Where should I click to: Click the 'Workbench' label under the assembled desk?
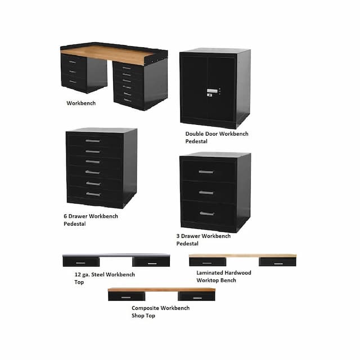click(x=81, y=103)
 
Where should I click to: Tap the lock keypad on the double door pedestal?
click(x=212, y=92)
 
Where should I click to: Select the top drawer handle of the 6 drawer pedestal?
click(x=93, y=141)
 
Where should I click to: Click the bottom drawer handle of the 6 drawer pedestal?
click(x=93, y=194)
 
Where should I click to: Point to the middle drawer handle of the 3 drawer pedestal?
click(x=206, y=192)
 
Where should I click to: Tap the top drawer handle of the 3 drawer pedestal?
click(x=206, y=172)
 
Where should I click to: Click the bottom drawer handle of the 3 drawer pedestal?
click(x=206, y=214)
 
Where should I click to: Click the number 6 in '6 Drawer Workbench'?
click(x=65, y=216)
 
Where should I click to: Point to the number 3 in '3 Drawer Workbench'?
click(x=178, y=236)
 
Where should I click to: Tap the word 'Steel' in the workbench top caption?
click(x=97, y=274)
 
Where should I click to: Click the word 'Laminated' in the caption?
click(x=209, y=273)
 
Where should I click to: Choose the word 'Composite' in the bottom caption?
click(x=145, y=308)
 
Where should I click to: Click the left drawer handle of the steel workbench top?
click(x=80, y=263)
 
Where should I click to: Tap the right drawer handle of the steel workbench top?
click(x=152, y=263)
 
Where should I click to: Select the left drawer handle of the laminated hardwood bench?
click(x=207, y=263)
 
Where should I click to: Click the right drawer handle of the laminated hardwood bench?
click(x=278, y=264)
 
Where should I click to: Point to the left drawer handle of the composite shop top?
click(x=126, y=298)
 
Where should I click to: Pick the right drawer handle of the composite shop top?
click(x=197, y=298)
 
